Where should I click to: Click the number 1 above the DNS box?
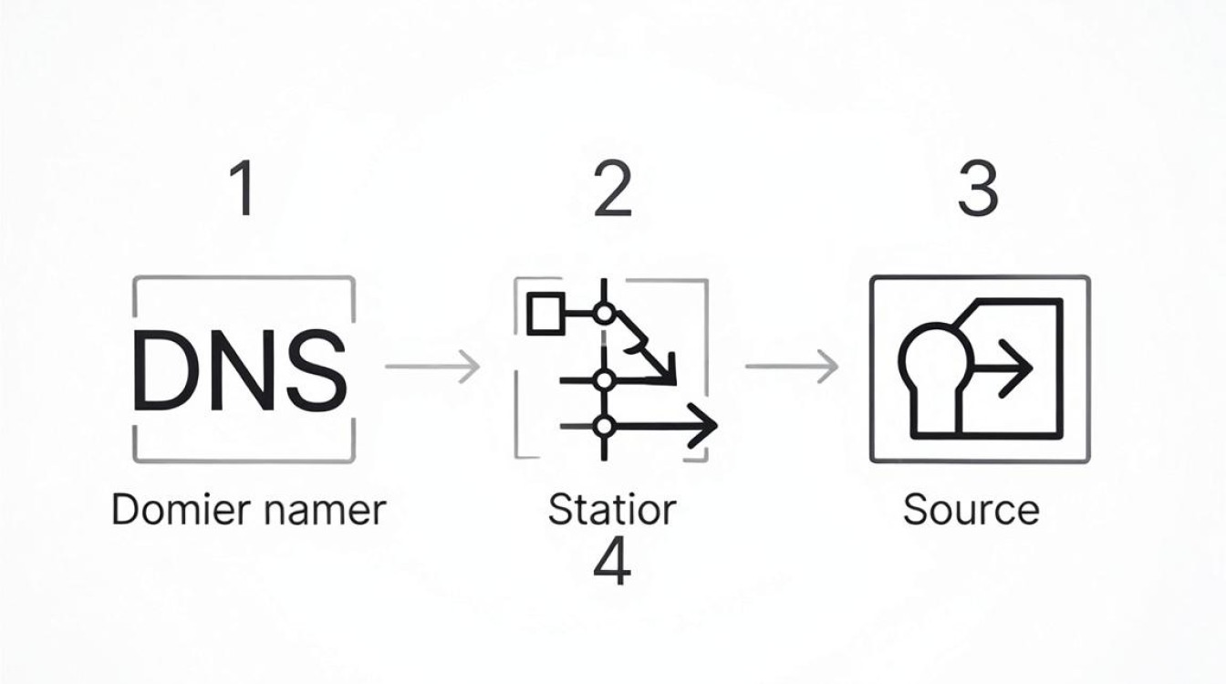(243, 188)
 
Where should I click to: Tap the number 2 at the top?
(613, 188)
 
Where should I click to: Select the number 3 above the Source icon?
(978, 188)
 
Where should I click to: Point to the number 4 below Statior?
(612, 560)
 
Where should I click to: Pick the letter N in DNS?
(243, 369)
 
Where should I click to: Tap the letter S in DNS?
(317, 369)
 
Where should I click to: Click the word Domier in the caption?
(182, 510)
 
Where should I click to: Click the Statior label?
(612, 510)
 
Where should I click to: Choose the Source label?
(971, 510)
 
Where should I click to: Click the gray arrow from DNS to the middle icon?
(432, 366)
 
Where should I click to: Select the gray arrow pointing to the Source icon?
(792, 366)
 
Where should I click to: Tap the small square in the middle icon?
(545, 314)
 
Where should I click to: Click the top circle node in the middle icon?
(604, 314)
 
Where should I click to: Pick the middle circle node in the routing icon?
(604, 379)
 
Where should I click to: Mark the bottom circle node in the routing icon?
(604, 426)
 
